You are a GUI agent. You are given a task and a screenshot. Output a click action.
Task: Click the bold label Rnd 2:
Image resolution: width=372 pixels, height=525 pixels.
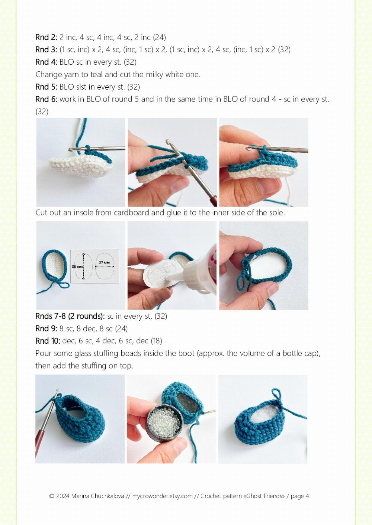[x=46, y=37]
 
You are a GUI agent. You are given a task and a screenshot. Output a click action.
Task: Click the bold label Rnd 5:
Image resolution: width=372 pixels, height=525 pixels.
[x=46, y=87]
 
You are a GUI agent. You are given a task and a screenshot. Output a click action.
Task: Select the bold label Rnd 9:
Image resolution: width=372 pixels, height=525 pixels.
[x=46, y=328]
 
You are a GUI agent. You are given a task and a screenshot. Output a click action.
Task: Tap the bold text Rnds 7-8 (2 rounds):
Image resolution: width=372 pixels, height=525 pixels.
[x=70, y=316]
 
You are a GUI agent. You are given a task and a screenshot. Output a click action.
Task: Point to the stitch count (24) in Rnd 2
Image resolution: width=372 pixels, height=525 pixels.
[x=159, y=37]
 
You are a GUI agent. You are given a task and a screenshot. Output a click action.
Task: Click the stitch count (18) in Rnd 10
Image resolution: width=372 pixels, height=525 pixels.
[x=156, y=341]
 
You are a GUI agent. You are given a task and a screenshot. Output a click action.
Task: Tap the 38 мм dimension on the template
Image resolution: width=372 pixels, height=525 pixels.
[x=77, y=267]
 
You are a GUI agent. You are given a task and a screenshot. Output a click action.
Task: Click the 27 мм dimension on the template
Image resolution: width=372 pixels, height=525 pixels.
[x=104, y=262]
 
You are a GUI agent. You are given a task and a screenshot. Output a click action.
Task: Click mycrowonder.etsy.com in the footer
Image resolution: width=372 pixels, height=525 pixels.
[x=162, y=496]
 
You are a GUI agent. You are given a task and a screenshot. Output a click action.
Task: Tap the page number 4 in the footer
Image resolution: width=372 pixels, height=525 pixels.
[x=307, y=496]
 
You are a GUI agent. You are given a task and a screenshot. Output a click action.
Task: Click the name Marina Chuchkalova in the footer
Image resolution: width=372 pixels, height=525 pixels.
[x=97, y=496]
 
